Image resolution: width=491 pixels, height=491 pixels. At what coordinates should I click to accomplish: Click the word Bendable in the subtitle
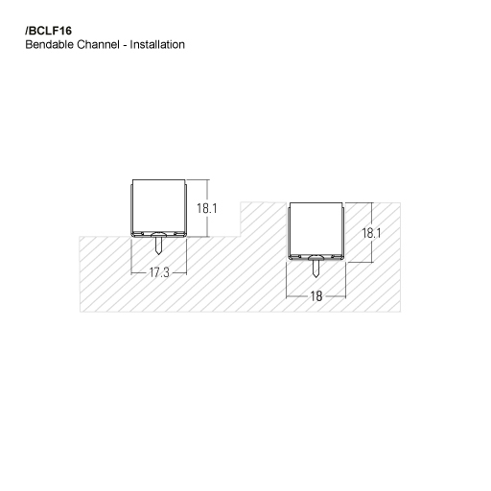[x=44, y=45]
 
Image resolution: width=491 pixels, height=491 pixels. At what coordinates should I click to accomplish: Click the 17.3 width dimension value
[x=158, y=273]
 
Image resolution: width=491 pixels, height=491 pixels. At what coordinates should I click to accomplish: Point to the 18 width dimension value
[x=316, y=296]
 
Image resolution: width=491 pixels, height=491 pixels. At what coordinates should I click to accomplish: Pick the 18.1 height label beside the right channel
[x=372, y=233]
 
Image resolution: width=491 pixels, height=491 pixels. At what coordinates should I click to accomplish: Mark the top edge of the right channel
[x=316, y=202]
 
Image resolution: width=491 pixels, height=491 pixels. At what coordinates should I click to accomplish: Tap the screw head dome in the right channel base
[x=316, y=257]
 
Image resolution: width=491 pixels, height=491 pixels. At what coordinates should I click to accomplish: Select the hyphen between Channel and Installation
[x=129, y=45]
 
